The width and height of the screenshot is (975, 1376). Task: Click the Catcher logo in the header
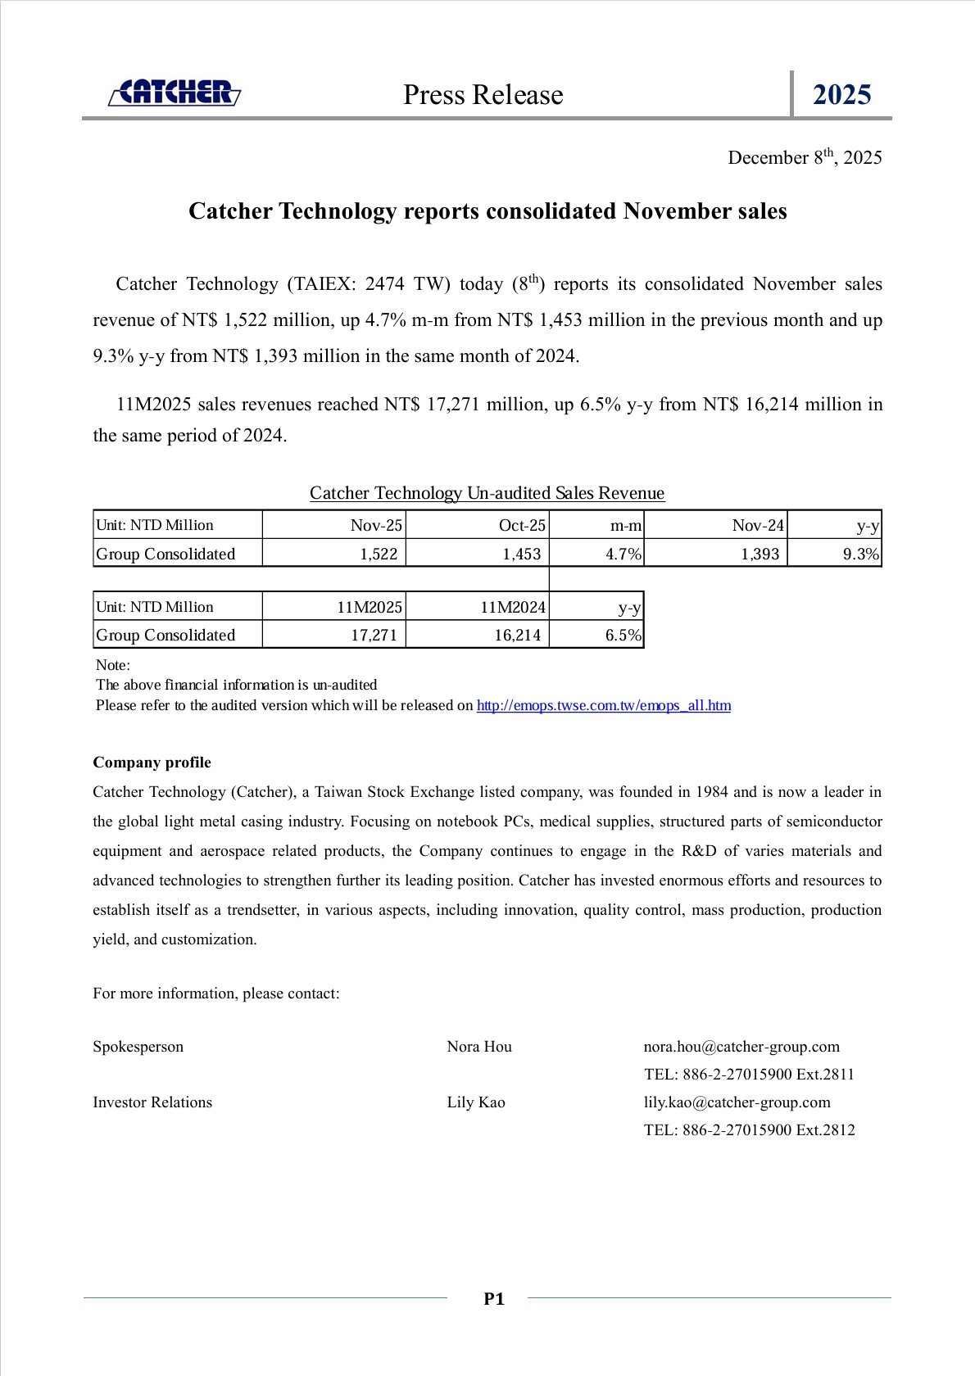(175, 93)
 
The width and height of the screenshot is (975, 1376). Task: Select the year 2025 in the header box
(841, 95)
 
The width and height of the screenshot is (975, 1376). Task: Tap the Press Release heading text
(483, 95)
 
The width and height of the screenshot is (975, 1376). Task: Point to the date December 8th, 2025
(805, 157)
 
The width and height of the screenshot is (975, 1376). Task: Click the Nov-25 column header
(376, 526)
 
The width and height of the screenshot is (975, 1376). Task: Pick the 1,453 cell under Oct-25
(521, 554)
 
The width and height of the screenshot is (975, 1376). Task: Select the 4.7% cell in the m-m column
(623, 554)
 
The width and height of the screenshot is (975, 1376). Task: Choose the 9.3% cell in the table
(860, 554)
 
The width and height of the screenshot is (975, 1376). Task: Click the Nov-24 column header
(758, 526)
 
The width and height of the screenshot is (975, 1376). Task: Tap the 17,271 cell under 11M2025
(374, 636)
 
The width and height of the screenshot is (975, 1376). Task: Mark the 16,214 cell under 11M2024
(517, 636)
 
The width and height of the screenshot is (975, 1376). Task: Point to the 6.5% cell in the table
(623, 636)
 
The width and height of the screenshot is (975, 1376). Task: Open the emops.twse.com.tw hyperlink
(603, 706)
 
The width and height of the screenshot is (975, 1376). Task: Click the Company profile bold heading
(152, 763)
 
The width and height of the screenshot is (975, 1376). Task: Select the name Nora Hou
(479, 1047)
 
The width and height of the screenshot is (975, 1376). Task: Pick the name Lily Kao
(476, 1102)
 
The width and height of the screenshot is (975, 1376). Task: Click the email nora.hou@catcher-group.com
(741, 1047)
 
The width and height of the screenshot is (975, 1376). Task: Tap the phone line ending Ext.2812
(749, 1130)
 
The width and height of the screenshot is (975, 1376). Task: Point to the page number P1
(494, 1299)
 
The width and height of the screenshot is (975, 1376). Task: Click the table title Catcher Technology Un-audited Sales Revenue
(487, 493)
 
